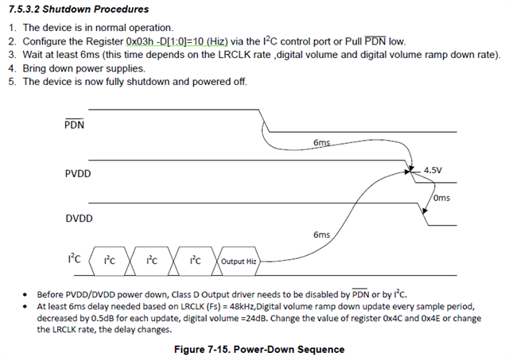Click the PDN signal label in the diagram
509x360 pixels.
click(74, 124)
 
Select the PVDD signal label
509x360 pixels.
click(78, 173)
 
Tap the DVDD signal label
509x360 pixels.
click(79, 219)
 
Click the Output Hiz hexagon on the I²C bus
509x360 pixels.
click(239, 261)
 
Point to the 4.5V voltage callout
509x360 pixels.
click(433, 170)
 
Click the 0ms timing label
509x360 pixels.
click(442, 198)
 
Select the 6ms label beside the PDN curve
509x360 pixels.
click(321, 142)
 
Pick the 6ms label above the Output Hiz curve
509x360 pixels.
click(321, 234)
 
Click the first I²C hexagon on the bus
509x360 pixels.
click(110, 261)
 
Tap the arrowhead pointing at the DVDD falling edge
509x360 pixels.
click(425, 211)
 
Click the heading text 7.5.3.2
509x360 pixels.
click(24, 9)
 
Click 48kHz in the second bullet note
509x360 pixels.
click(242, 307)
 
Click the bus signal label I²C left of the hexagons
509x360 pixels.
click(74, 258)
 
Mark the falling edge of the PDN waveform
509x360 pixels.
click(264, 121)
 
